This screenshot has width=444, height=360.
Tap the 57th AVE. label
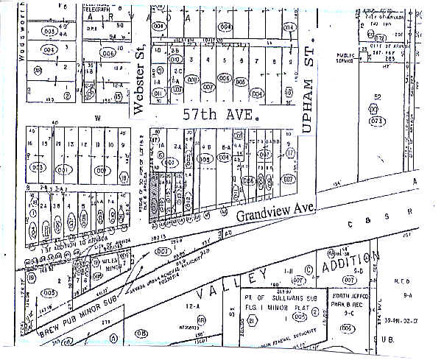pos(220,116)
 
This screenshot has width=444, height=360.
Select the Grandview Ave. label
pos(276,212)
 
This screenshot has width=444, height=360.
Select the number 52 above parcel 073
pos(378,97)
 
